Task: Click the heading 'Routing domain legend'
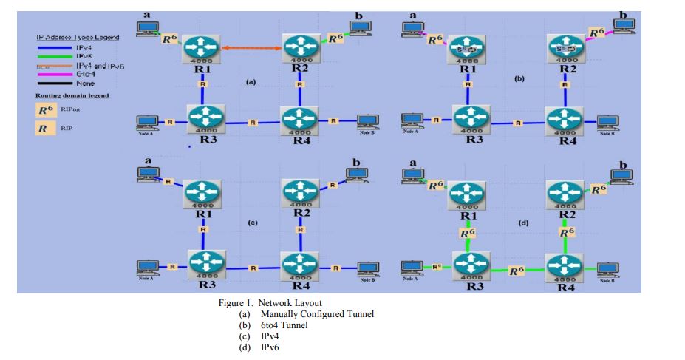point(72,95)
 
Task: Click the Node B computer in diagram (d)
point(608,269)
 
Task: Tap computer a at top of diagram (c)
point(148,173)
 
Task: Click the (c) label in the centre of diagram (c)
point(251,222)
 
